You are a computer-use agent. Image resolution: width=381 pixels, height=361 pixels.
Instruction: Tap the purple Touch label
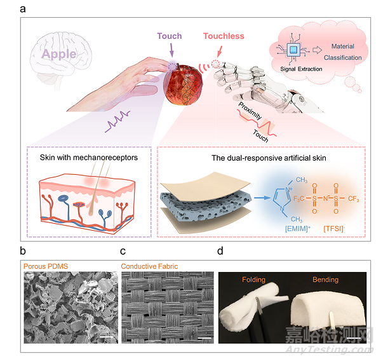[169, 36]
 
